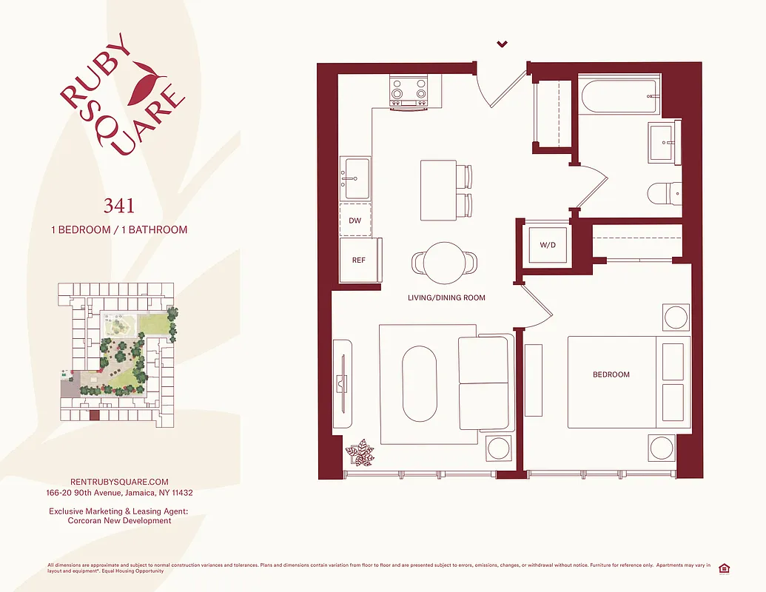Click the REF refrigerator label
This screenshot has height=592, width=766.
tap(359, 260)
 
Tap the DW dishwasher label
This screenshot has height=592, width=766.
tap(355, 221)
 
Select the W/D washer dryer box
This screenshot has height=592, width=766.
tap(548, 244)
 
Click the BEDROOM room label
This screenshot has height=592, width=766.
tap(611, 374)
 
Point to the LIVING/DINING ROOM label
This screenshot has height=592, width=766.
tap(446, 297)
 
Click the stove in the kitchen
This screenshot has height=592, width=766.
tap(409, 93)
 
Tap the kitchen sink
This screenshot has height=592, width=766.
tap(357, 179)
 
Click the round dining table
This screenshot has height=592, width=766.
tap(444, 262)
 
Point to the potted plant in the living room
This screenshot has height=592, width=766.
tap(360, 452)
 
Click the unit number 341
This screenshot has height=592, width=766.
tap(118, 204)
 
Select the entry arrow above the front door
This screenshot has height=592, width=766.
tap(502, 44)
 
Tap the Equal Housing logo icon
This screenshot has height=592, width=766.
tap(725, 568)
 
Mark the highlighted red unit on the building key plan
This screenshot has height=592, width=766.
tap(94, 415)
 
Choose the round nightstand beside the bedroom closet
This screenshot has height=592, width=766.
tap(676, 318)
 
